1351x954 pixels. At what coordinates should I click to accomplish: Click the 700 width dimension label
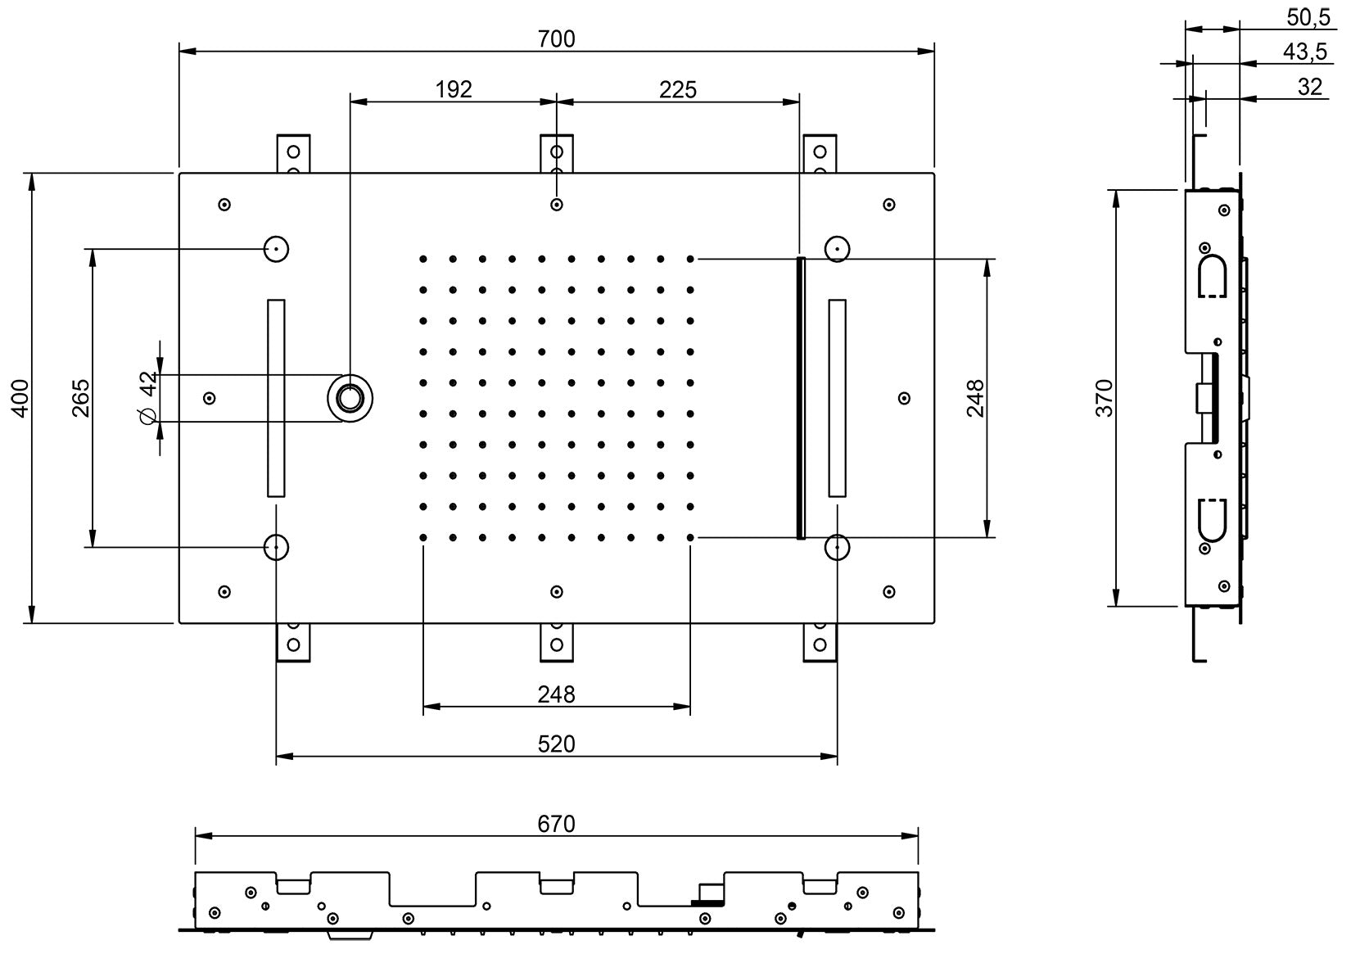click(557, 38)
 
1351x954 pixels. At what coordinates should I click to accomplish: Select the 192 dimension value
click(454, 88)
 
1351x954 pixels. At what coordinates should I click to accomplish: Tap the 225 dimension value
click(678, 88)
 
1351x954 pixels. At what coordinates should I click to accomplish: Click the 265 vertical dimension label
click(80, 398)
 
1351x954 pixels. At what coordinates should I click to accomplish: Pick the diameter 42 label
click(147, 398)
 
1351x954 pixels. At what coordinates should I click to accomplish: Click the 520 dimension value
click(557, 744)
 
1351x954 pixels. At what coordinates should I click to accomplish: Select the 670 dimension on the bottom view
click(557, 823)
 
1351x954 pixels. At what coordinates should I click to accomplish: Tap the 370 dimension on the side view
click(1105, 398)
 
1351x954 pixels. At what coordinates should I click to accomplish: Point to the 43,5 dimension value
click(1304, 52)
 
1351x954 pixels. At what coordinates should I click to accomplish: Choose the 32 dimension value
click(1310, 87)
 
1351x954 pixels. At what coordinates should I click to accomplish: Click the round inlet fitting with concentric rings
click(350, 398)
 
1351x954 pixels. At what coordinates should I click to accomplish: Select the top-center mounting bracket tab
click(557, 152)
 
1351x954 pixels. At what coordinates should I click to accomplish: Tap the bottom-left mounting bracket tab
click(293, 642)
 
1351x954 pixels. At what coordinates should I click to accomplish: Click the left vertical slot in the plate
click(277, 398)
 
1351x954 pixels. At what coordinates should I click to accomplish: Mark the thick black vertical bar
click(801, 398)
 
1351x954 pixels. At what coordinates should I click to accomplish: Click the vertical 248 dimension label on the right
click(974, 398)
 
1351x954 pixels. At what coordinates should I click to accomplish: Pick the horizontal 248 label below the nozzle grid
click(557, 694)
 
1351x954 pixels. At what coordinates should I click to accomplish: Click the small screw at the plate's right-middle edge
click(904, 398)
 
